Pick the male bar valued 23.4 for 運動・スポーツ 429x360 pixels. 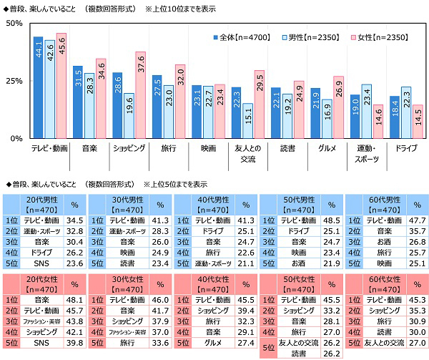[366, 111]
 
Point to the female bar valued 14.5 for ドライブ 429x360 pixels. [418, 121]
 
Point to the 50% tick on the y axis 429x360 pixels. [14, 24]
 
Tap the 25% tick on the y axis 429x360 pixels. [14, 80]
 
